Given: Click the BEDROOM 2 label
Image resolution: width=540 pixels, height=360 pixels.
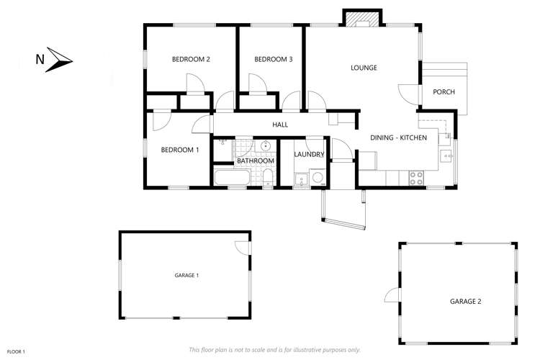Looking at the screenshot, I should coord(191,59).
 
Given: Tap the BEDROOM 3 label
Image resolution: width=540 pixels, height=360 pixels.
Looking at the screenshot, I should coord(274,59).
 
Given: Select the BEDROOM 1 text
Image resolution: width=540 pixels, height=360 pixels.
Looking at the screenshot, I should coord(179,150).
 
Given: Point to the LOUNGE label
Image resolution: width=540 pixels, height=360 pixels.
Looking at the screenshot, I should coord(364,68).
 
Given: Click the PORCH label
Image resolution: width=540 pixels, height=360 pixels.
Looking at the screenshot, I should coord(444,91).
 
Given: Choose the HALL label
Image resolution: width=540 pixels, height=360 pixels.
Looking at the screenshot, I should coord(280,125).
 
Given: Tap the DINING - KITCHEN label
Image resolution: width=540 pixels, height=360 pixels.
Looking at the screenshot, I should coord(399,138).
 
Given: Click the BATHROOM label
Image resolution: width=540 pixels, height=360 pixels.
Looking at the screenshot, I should coord(256,161).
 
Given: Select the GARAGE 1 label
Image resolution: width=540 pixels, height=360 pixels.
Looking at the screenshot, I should coord(186,275).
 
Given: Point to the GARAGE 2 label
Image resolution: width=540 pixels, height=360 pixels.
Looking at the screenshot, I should coord(465,301).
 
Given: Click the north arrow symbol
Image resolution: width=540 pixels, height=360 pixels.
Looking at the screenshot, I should coord(60,60).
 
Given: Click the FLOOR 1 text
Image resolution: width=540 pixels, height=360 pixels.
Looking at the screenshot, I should coord(16,351).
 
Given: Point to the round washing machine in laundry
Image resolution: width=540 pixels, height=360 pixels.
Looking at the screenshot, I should coord(318,179).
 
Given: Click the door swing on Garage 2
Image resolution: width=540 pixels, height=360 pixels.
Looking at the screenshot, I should coord(392,294).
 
